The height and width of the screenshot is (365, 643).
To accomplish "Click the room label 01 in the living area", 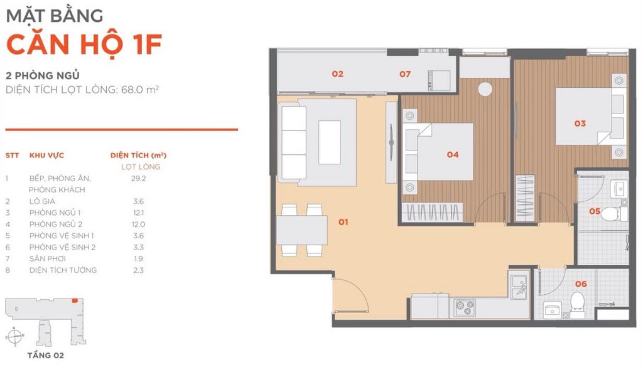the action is (x=343, y=222).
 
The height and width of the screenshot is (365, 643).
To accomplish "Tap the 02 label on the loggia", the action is (x=337, y=74).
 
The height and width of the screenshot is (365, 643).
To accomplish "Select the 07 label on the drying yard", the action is (x=405, y=74).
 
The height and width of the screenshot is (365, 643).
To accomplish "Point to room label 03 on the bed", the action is (x=580, y=124).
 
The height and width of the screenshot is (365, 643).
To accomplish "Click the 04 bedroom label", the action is (x=453, y=154).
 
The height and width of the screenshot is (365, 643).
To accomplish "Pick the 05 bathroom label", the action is (x=595, y=211).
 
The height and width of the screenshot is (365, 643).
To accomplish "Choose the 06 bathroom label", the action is (x=581, y=284).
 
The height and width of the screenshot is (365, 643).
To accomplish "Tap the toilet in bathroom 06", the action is (x=578, y=305).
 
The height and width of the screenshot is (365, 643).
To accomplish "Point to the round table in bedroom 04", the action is (x=485, y=89).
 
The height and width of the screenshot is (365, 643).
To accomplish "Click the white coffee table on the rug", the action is (x=330, y=142).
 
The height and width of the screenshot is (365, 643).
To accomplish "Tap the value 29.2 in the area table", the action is (x=139, y=178).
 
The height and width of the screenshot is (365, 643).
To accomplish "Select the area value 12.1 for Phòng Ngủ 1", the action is (x=139, y=213).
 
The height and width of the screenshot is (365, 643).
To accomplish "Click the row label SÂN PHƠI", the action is (x=48, y=258).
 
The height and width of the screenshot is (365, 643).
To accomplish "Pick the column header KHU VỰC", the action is (x=46, y=156).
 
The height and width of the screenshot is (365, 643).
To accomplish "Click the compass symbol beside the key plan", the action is (x=14, y=336).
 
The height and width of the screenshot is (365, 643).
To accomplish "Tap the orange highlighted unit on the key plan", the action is (x=75, y=300).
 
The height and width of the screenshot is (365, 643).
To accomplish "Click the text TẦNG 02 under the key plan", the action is (x=45, y=355).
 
